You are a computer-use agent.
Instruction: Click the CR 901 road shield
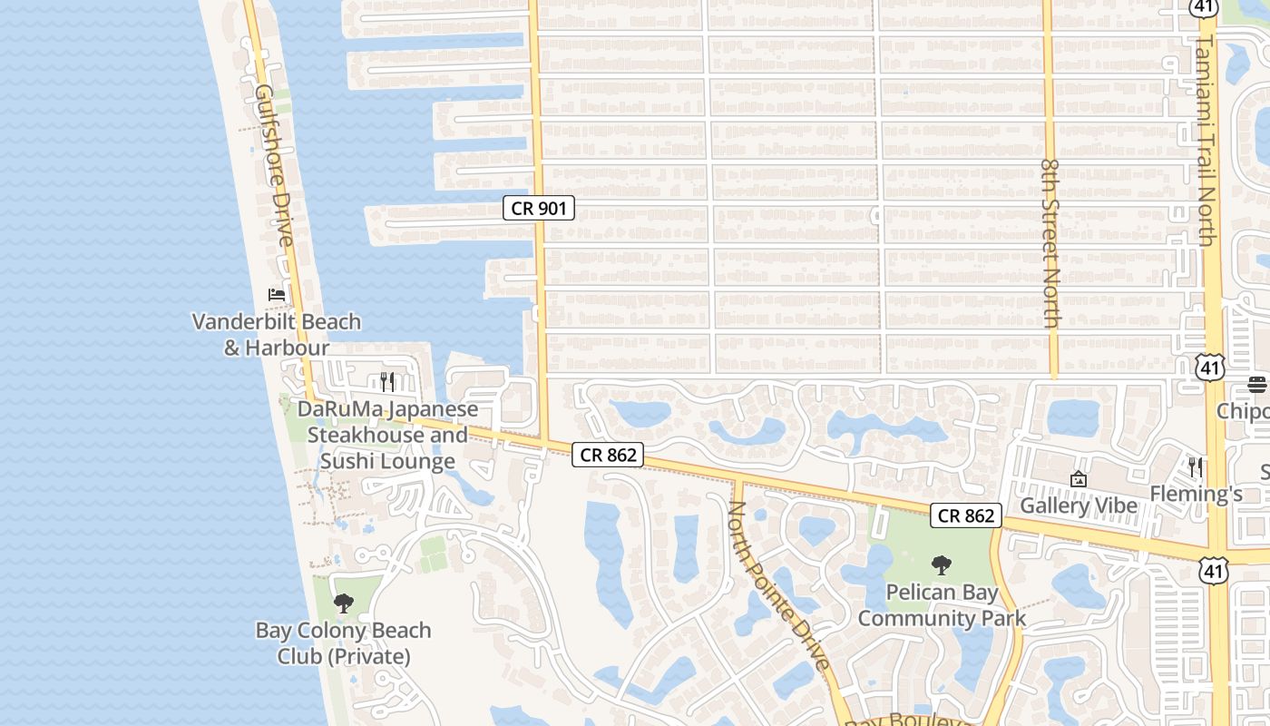pos(539,208)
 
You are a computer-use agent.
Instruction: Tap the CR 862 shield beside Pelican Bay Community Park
pos(966,515)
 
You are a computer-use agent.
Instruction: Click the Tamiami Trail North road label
pos(1205,141)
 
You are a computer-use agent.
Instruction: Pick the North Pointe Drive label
pos(779,585)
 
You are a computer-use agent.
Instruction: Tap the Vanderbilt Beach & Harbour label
pos(277,334)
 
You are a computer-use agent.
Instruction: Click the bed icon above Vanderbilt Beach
pos(277,295)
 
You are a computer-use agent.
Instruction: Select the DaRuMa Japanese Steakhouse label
pos(387,436)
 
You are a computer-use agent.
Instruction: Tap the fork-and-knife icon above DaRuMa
pos(387,381)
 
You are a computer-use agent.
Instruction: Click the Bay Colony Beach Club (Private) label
pos(343,643)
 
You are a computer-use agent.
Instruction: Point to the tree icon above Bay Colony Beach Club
pos(343,603)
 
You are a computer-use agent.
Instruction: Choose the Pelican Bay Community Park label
pos(942,605)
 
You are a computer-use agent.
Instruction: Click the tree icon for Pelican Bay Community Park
pos(942,565)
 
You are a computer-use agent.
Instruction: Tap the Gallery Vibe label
pos(1079,505)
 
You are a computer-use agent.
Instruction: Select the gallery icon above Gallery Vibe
pos(1079,479)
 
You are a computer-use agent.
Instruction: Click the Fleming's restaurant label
pos(1196,494)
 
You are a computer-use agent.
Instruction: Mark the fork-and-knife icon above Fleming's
pos(1196,467)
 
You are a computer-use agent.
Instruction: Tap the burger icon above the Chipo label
pos(1256,385)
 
